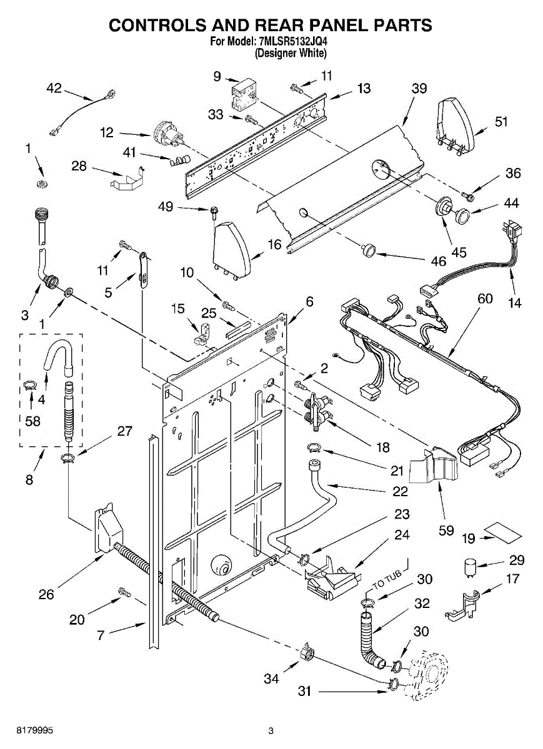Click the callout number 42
pyautogui.click(x=54, y=88)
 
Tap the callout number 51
pyautogui.click(x=501, y=121)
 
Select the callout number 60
pyautogui.click(x=485, y=298)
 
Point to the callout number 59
pyautogui.click(x=446, y=531)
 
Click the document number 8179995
pyautogui.click(x=34, y=731)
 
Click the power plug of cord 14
pyautogui.click(x=512, y=230)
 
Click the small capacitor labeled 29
pyautogui.click(x=469, y=567)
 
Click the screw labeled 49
pyautogui.click(x=214, y=213)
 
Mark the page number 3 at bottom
pyautogui.click(x=271, y=731)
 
